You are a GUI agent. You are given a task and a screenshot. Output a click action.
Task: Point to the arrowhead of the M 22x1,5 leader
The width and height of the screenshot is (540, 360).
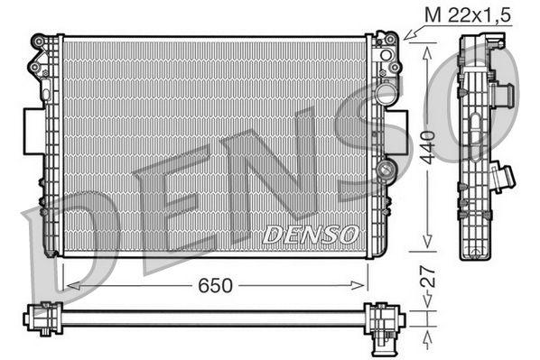pos(408,37)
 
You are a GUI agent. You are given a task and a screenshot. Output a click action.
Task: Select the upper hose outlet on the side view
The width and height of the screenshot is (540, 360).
pos(509,93)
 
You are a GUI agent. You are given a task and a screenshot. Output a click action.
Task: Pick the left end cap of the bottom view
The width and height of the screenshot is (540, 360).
pos(39,317)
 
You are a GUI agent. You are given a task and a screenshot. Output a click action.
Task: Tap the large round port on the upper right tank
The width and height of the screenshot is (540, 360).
pos(386,94)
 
